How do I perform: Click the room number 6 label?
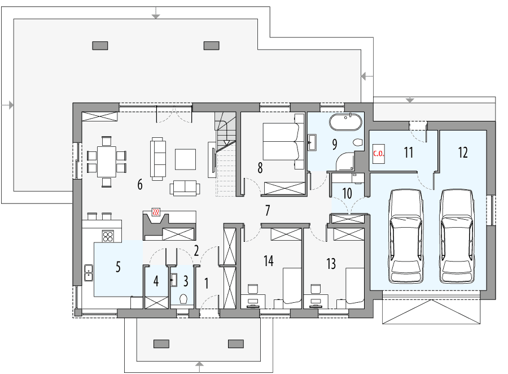139,184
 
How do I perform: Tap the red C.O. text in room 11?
378,153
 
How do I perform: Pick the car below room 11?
406,236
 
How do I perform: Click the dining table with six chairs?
106,160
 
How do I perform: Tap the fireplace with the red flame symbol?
156,213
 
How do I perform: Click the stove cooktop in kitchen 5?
107,236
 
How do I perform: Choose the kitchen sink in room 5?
89,273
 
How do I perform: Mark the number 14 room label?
268,261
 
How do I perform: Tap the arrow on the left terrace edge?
8,105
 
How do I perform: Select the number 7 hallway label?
268,210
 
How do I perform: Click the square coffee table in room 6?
185,159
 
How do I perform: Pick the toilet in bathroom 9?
357,143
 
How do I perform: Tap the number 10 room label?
347,193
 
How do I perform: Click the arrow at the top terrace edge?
156,13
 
